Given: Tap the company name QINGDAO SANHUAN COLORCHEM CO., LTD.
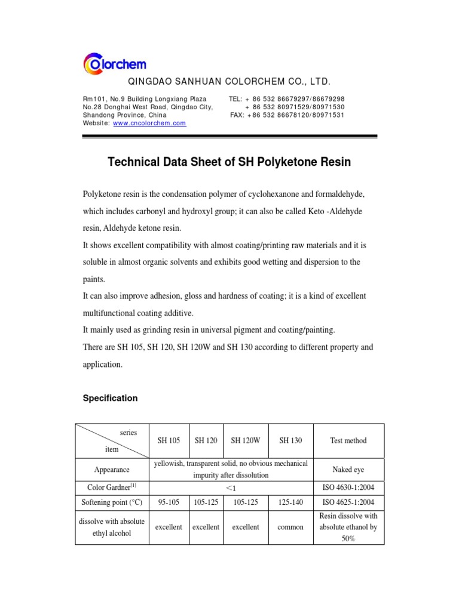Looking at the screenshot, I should (x=229, y=82).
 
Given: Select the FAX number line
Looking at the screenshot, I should (x=287, y=115).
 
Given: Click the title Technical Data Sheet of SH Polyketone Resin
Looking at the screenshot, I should (x=229, y=162).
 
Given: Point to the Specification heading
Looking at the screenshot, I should (x=110, y=398).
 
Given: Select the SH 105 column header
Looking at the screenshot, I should (x=169, y=440).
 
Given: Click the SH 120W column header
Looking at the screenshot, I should (x=246, y=440).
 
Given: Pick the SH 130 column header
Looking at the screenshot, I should (x=290, y=440).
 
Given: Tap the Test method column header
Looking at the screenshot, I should (x=348, y=440).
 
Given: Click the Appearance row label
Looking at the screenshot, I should (x=112, y=470).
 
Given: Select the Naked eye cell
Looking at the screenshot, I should (x=348, y=470).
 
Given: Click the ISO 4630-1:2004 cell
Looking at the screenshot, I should (x=348, y=487).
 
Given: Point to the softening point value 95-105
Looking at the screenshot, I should (x=169, y=502).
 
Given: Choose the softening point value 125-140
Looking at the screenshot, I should (x=290, y=502).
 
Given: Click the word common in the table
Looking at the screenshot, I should (x=290, y=527).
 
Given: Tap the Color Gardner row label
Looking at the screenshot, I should (x=112, y=487).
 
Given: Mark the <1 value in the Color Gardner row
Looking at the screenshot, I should (x=230, y=487).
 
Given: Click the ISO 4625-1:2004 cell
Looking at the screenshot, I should (x=348, y=502).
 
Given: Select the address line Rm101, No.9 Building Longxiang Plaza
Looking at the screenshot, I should (x=145, y=98).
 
